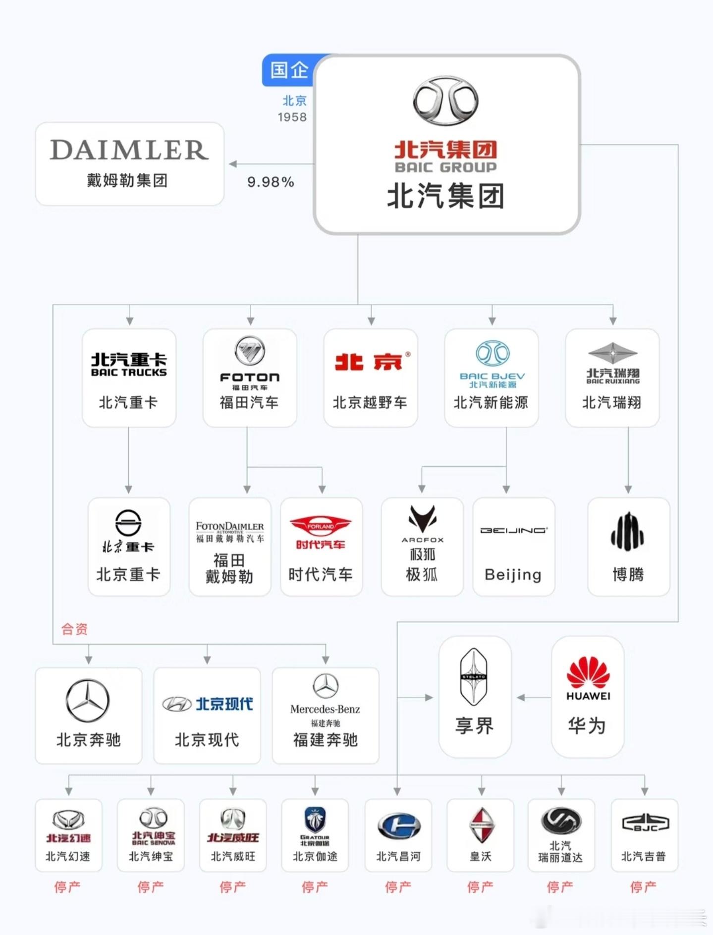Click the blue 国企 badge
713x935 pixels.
click(289, 70)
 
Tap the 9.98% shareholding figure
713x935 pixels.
click(271, 182)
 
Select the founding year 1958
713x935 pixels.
click(292, 117)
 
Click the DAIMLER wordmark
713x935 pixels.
click(129, 150)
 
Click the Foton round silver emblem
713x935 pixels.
click(250, 351)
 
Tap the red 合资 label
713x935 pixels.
click(74, 629)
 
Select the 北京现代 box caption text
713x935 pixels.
click(207, 740)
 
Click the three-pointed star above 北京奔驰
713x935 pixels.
click(88, 700)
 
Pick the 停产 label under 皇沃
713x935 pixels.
click(480, 886)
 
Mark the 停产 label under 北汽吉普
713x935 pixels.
click(643, 886)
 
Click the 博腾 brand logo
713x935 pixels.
click(627, 532)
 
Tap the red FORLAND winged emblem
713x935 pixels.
click(320, 526)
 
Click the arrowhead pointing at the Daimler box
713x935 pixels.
click(232, 164)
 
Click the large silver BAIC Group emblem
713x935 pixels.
click(445, 101)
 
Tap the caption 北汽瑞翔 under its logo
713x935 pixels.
click(612, 402)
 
